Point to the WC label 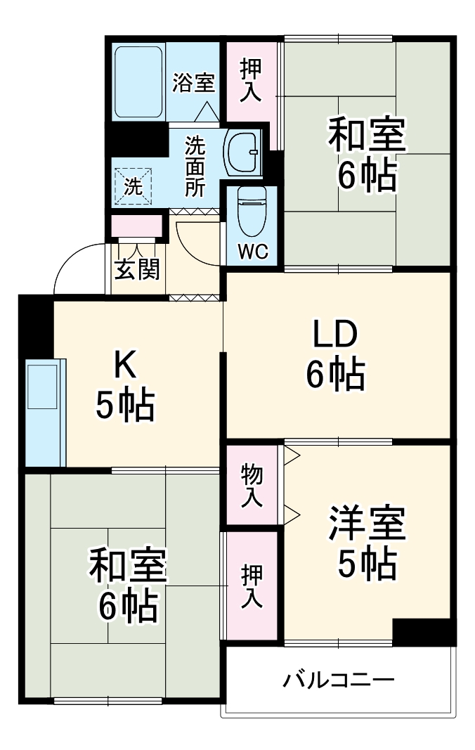(252, 252)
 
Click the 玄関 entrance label (137, 269)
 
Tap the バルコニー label (339, 680)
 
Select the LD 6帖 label (335, 355)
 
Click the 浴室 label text (194, 83)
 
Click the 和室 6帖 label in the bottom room (126, 585)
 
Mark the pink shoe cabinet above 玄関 (137, 227)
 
